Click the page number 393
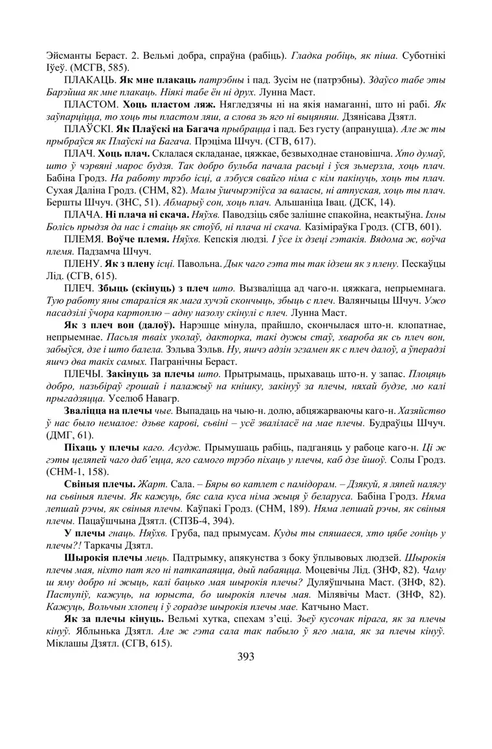pyautogui.click(x=245, y=656)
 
